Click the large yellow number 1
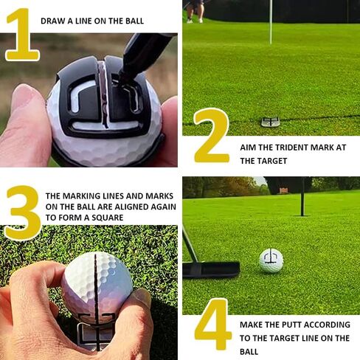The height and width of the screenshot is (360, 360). pos(24,35)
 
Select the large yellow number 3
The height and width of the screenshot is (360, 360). pos(23,212)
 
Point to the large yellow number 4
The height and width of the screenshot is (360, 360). pos(213,324)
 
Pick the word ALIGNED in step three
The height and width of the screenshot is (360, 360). pos(131,207)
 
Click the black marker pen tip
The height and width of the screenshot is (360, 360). pos(123,75)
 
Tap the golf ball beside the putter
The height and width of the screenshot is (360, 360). pos(271,261)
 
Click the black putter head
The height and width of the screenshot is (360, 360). pos(211,269)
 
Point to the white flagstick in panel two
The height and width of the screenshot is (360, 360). pos(271,22)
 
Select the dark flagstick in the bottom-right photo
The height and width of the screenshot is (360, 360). pos(302,197)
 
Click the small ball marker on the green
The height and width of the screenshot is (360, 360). pos(271,122)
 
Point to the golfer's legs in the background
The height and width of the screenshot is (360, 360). pos(195,11)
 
